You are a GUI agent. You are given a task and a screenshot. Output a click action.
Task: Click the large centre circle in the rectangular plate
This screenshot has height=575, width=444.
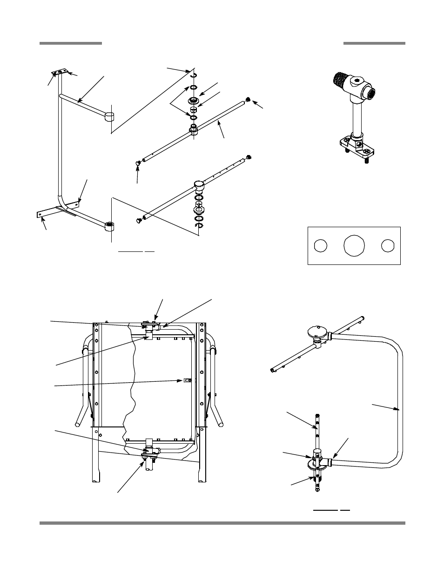click(x=354, y=245)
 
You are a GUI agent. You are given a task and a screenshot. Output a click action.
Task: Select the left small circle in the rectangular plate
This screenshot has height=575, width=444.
click(x=319, y=245)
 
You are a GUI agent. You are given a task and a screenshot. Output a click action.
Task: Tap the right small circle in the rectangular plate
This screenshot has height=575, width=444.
click(x=388, y=245)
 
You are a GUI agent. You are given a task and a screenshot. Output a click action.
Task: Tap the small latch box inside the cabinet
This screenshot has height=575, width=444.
click(x=187, y=380)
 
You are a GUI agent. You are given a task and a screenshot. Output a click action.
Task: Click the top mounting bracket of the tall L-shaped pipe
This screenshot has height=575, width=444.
click(x=59, y=73)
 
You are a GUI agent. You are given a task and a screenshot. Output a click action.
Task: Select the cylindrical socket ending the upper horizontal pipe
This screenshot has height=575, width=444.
click(x=109, y=116)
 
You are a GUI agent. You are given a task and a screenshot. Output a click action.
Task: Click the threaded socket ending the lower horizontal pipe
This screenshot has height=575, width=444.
click(x=109, y=227)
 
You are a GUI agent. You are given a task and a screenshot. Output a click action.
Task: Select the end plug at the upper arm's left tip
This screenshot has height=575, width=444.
click(x=138, y=163)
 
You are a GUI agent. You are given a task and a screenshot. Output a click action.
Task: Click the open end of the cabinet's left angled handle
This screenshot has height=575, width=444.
click(x=78, y=424)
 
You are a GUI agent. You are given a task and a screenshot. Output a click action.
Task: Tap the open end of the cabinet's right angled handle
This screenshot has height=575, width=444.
click(x=221, y=424)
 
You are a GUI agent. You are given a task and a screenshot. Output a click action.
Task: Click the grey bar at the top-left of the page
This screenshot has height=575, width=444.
click(x=70, y=43)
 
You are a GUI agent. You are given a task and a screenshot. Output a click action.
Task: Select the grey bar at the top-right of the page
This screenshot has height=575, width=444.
click(x=374, y=43)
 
